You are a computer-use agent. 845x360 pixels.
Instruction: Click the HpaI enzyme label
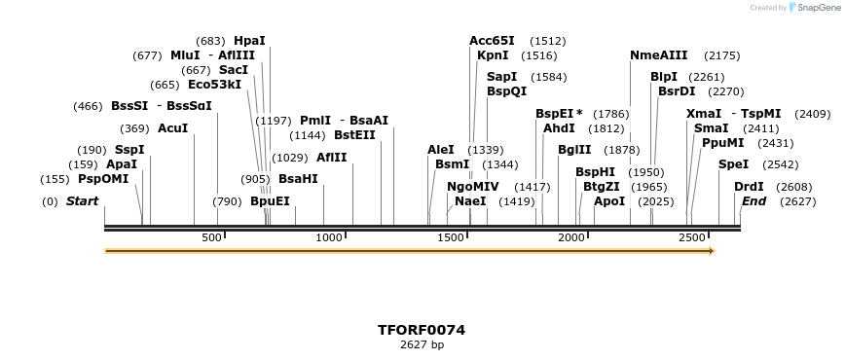pos(249,41)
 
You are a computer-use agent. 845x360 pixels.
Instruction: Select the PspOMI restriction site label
pos(103,179)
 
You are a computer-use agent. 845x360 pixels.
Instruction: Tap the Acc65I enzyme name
pos(492,41)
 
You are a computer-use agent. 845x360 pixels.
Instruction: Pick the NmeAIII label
pos(658,55)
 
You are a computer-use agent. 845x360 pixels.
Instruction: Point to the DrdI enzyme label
pos(749,187)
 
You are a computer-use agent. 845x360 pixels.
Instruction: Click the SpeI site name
pos(733,164)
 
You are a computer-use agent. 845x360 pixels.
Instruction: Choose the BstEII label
pos(354,135)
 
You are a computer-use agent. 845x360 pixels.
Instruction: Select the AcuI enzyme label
pos(172,128)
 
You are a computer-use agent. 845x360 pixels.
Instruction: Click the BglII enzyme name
pos(574,150)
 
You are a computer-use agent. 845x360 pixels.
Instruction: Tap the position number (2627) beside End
pos(798,201)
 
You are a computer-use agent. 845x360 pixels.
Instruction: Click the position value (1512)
pos(547,41)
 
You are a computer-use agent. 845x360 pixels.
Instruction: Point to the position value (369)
pos(134,128)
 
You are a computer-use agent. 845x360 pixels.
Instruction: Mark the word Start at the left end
pos(82,201)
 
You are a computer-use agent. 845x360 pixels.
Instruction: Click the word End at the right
pos(753,201)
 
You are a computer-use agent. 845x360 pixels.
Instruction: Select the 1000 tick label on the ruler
pos(330,237)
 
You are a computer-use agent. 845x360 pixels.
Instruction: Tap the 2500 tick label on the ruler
pos(692,237)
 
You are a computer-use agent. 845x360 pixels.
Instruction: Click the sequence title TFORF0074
pos(422,330)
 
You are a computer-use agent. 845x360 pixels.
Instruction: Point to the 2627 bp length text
pos(422,344)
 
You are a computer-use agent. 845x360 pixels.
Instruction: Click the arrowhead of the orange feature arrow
pos(712,251)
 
